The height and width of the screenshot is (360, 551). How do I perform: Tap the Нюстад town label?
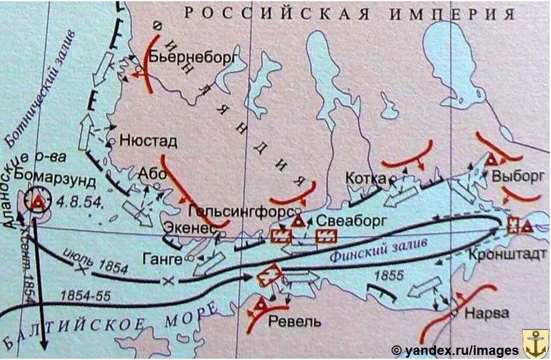pos(148,141)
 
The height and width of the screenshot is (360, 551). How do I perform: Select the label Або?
pos(155,174)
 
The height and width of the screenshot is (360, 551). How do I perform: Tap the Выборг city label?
pos(518,176)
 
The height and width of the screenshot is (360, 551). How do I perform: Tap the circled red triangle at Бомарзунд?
pos(38,201)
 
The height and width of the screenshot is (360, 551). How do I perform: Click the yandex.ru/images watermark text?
pos(455,350)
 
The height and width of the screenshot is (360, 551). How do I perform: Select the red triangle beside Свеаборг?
pos(297,220)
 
